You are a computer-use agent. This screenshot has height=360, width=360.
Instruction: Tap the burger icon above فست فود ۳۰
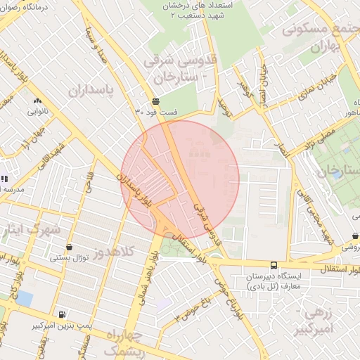coord(155,101)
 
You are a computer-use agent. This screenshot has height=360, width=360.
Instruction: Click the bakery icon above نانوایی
coord(37,101)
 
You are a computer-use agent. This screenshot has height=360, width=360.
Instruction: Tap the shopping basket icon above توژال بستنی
coord(69,247)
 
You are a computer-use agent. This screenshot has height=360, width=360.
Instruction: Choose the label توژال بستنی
coord(69,258)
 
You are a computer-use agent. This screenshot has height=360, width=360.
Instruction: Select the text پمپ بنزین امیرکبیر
coord(62,327)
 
